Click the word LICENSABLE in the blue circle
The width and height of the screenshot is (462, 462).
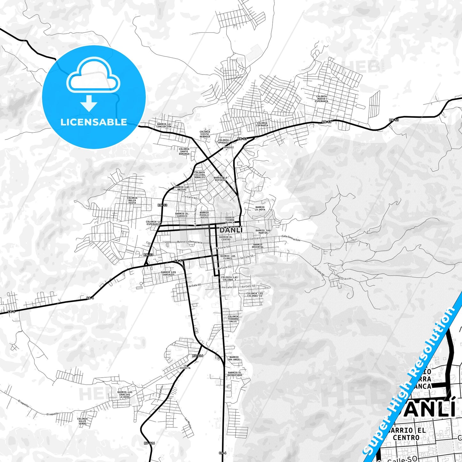tap(94, 122)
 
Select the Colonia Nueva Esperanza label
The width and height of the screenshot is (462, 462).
tap(322, 99)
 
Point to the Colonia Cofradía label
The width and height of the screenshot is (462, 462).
tap(262, 124)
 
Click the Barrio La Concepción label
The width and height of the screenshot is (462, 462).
tap(164, 125)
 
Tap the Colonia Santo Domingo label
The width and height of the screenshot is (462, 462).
tap(184, 151)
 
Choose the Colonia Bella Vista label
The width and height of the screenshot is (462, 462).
tap(132, 200)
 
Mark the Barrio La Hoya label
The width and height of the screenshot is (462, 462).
tap(260, 208)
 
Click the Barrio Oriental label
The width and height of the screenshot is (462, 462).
tap(258, 246)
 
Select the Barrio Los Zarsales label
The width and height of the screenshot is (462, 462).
tap(168, 273)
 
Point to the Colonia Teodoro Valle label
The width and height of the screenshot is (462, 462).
tap(233, 319)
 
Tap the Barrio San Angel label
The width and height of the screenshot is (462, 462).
tap(234, 358)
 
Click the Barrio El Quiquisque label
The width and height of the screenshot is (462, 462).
tap(235, 374)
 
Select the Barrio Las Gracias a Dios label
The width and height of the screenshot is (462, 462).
tap(124, 394)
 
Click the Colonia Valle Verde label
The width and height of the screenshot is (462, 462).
tap(82, 421)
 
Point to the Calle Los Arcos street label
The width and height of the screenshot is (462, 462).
tap(342, 277)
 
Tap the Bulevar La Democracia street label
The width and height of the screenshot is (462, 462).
tap(190, 242)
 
